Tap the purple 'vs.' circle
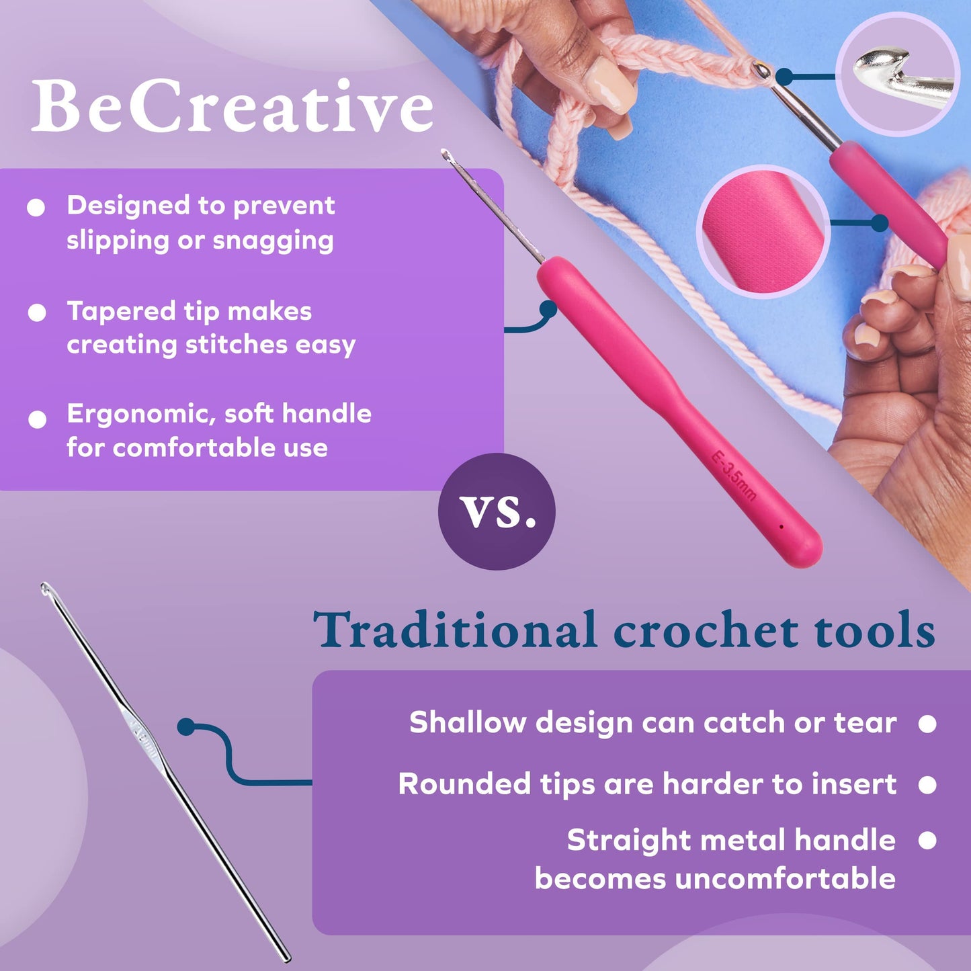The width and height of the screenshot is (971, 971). (497, 511)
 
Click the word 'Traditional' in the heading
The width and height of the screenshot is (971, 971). (455, 630)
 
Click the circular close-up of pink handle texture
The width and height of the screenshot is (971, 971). (763, 231)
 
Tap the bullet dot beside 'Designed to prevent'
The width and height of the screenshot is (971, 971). (36, 208)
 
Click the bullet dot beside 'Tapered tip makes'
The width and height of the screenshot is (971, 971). (37, 312)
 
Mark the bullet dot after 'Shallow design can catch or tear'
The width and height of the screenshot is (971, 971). (927, 724)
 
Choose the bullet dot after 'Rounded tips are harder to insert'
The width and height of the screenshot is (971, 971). (927, 785)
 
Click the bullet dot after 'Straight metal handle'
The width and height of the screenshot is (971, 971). (927, 841)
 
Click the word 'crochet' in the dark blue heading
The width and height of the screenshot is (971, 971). (706, 630)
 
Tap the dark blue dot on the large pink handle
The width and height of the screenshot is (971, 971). (548, 309)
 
